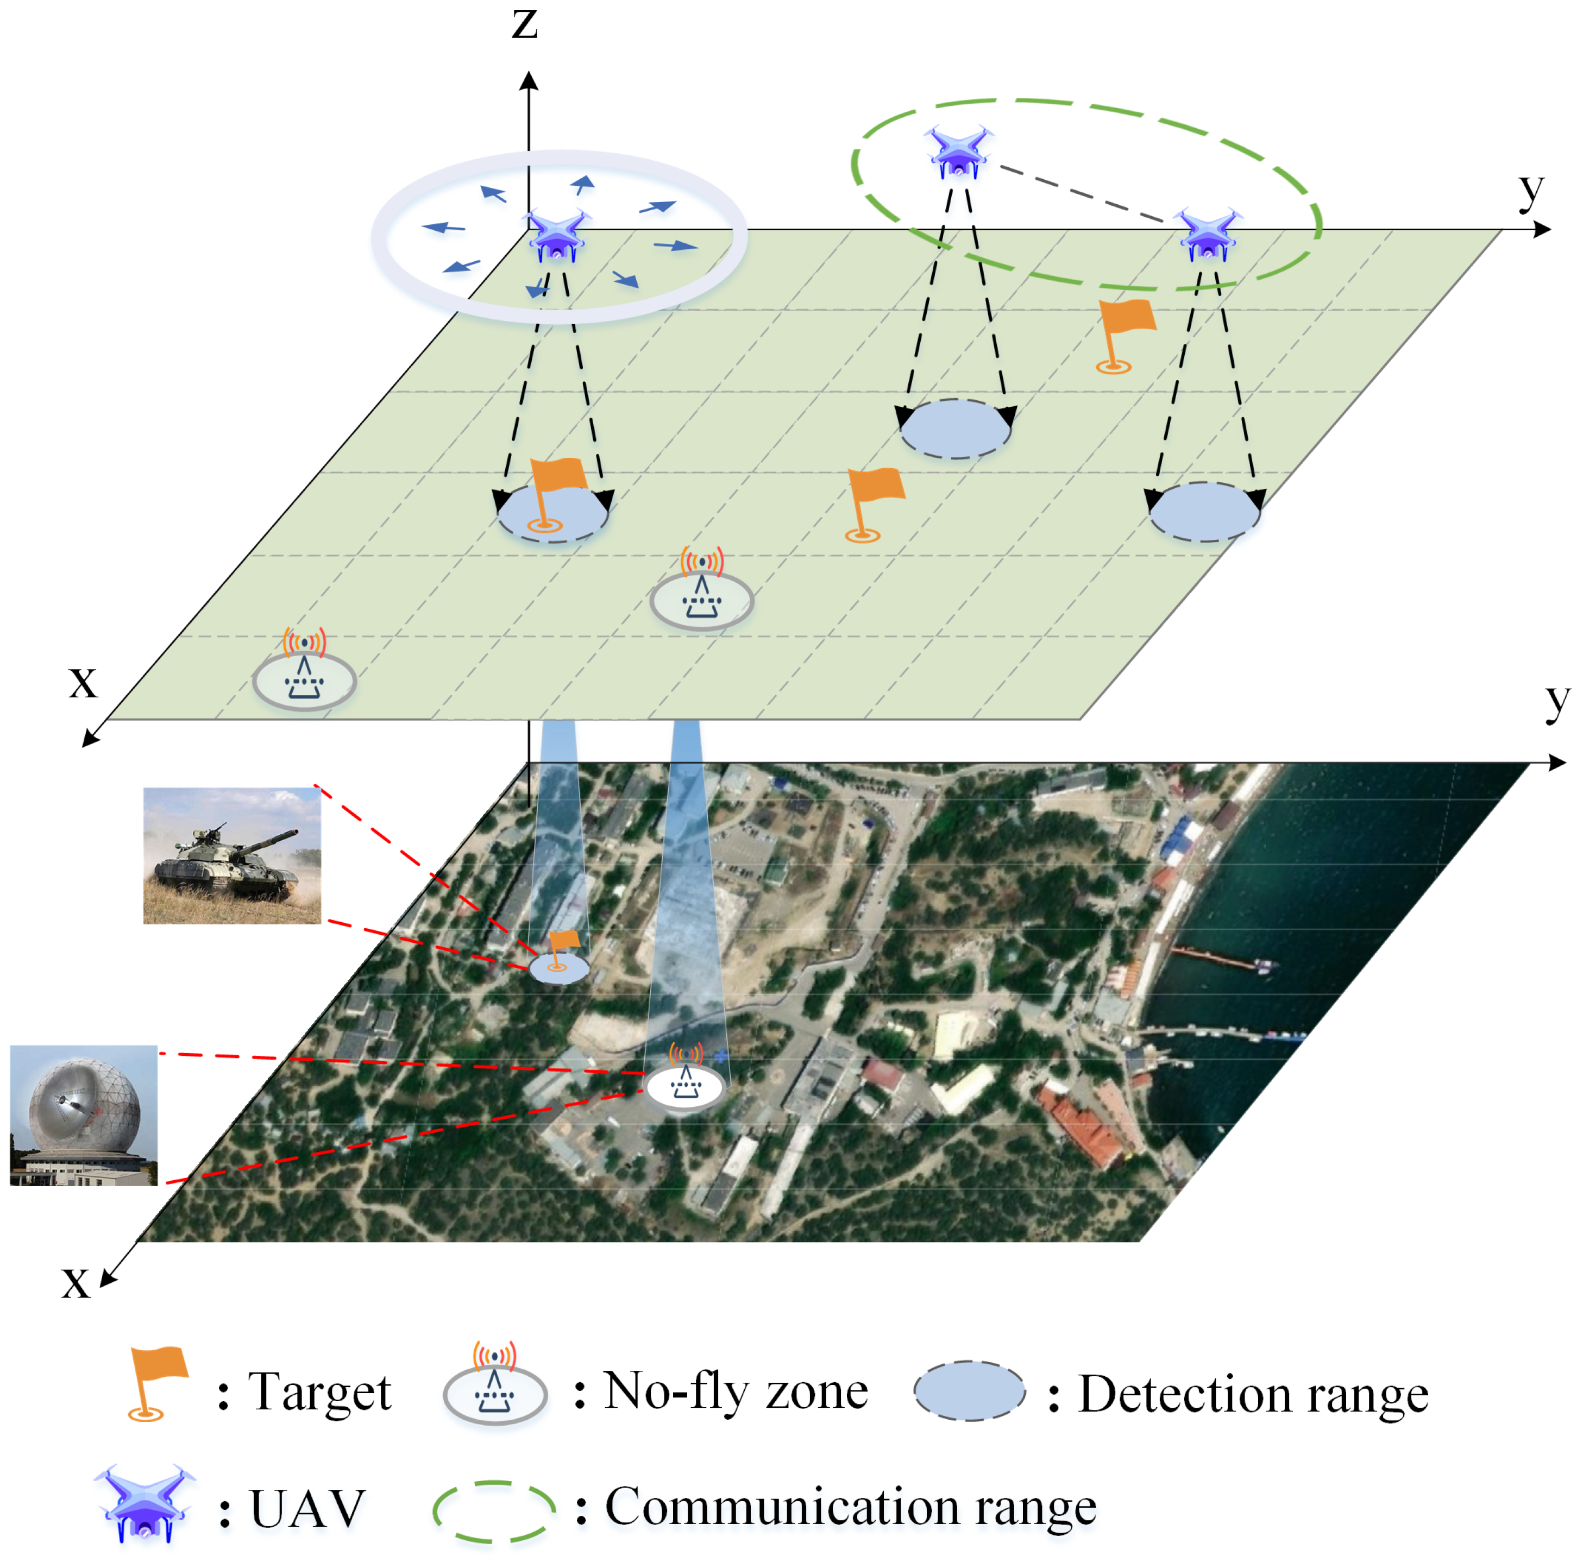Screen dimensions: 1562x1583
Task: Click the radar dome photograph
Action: (84, 1115)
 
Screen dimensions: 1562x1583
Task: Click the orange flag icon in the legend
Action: (158, 1383)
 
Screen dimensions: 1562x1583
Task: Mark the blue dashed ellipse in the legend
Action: (969, 1391)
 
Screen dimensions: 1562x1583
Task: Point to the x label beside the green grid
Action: (83, 682)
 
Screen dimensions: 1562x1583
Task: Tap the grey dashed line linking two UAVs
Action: (1082, 193)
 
